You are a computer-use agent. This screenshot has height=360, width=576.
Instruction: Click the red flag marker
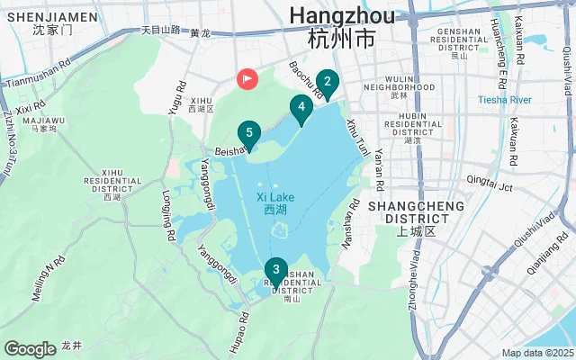(247, 79)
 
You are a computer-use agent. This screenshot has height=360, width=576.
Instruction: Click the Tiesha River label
(505, 99)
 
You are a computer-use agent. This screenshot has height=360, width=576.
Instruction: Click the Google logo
(30, 348)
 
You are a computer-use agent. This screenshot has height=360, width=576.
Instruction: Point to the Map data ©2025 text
(536, 353)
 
